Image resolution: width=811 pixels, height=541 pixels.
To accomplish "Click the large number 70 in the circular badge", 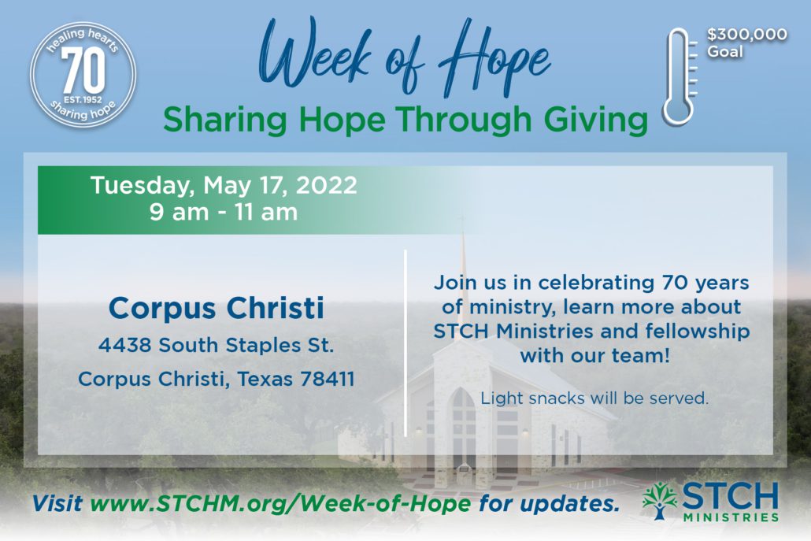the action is click(x=83, y=72).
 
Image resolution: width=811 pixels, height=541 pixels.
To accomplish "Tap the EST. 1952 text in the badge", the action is click(x=83, y=99).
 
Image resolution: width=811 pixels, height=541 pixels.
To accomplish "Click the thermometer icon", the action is click(x=680, y=76).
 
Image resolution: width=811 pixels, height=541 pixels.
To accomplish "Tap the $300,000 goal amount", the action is click(x=747, y=35).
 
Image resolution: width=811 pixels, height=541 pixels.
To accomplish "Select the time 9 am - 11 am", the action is click(x=224, y=212).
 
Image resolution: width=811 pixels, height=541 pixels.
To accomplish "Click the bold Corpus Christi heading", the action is click(x=217, y=309).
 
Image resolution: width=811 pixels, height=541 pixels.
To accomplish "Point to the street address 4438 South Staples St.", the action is click(x=217, y=345).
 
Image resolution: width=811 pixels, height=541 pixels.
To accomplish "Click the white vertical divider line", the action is click(x=405, y=343).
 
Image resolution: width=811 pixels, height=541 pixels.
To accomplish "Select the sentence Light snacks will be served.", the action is click(x=594, y=398).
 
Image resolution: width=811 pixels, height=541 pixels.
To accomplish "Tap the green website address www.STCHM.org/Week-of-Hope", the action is click(x=280, y=503).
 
